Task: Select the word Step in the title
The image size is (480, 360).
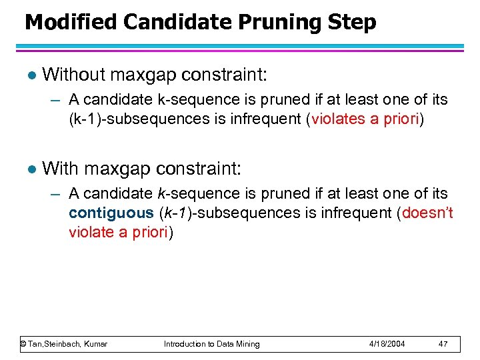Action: [351, 22]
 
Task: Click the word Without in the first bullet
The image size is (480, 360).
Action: [73, 74]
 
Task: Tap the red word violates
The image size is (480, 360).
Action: [337, 119]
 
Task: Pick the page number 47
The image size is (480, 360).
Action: [443, 344]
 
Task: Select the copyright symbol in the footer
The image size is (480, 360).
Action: [23, 344]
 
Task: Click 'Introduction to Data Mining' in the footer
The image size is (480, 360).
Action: [212, 344]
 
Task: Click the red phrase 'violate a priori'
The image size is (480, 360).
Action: [119, 232]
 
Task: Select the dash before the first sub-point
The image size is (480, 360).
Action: [56, 100]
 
